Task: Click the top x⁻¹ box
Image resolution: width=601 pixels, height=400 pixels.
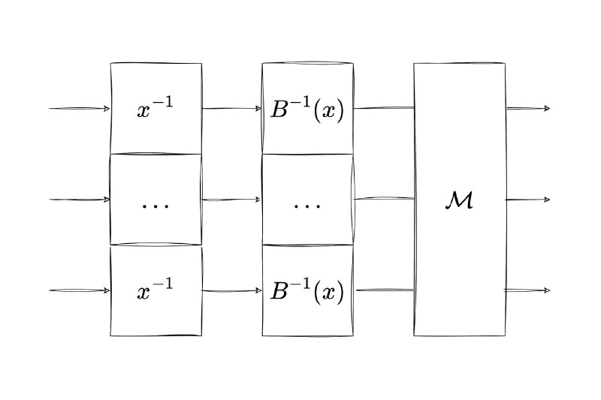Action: click(156, 109)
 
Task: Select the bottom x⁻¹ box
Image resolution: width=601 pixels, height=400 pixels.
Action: click(156, 291)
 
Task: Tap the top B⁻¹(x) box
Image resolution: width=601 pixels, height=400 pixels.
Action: click(307, 109)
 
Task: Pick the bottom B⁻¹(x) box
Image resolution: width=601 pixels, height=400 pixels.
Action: click(307, 291)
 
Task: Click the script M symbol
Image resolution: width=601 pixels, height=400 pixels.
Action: click(458, 200)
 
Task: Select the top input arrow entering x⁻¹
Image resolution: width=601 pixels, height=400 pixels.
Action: click(80, 109)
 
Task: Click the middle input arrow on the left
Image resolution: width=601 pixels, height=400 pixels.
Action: click(80, 200)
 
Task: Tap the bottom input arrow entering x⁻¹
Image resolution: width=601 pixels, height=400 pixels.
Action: click(80, 290)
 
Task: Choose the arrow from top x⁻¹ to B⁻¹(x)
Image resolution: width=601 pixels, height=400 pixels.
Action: click(231, 109)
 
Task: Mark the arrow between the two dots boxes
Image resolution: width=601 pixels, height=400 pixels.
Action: click(231, 200)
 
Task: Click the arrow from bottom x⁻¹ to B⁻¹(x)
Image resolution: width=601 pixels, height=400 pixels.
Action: click(231, 290)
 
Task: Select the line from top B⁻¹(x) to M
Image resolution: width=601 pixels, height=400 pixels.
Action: click(383, 108)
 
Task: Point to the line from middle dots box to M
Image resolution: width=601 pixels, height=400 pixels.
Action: click(383, 199)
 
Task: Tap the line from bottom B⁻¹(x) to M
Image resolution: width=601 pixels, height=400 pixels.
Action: click(383, 290)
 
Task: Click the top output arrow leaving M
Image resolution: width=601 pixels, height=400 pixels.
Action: click(527, 109)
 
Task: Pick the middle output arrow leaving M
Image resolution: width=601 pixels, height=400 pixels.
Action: click(527, 200)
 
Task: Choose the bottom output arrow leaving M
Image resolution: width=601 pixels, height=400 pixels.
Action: click(527, 290)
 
